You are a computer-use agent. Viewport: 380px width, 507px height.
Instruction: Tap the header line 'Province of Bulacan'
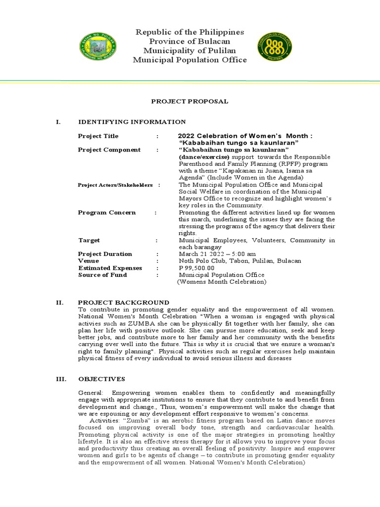[x=190, y=42]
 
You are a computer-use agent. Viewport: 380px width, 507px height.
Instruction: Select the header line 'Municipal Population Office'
[x=190, y=60]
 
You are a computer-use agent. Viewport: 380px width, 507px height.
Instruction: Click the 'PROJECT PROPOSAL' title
[x=190, y=101]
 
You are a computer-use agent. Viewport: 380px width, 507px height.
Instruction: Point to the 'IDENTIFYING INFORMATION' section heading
[x=132, y=122]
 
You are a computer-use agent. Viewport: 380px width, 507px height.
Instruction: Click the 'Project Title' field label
[x=98, y=136]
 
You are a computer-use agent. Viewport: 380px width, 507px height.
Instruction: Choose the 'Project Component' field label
[x=109, y=150]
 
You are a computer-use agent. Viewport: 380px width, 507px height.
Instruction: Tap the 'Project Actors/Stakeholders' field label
[x=115, y=185]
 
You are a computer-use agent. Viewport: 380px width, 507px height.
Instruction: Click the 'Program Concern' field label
[x=107, y=212]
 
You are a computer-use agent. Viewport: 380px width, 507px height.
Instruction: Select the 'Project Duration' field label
[x=105, y=254]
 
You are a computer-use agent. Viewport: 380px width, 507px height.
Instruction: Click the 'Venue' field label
[x=89, y=261]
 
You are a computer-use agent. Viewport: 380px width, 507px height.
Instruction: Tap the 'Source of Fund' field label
[x=102, y=275]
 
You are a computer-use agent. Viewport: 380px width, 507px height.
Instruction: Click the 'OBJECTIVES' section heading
[x=102, y=379]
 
